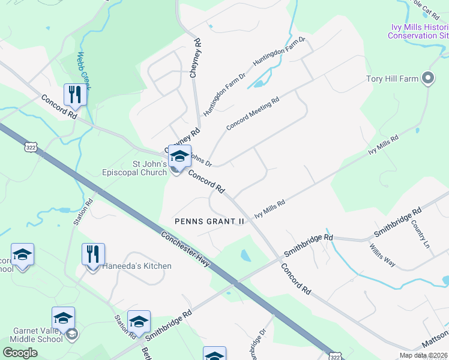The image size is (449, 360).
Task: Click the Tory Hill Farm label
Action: click(391, 79)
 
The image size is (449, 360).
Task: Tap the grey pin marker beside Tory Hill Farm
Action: click(427, 78)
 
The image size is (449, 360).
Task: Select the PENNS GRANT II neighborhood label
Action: click(209, 221)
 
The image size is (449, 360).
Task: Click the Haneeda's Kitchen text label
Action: click(137, 266)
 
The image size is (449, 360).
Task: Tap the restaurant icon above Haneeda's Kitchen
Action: click(93, 254)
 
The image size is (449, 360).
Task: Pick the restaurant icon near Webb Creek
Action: click(75, 95)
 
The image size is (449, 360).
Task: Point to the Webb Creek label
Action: click(84, 71)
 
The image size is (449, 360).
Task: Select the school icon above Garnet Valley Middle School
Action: click(63, 318)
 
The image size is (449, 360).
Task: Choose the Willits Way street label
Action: click(382, 255)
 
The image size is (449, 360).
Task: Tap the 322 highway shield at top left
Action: click(31, 146)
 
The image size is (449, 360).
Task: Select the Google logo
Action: click(20, 352)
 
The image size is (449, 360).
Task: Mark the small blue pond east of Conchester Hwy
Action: click(246, 256)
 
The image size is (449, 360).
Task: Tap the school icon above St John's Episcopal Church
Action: click(179, 156)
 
